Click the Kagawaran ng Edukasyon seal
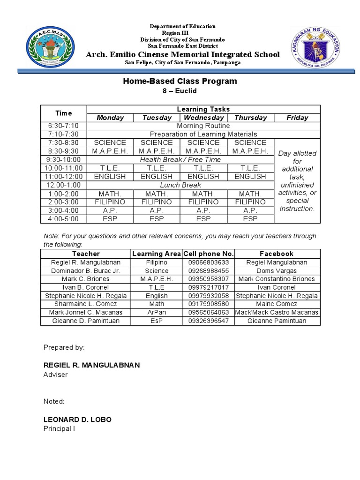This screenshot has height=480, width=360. click(315, 47)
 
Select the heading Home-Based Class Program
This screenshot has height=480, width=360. click(180, 81)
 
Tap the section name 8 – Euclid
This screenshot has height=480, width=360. click(180, 91)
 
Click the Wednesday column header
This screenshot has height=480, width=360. click(203, 118)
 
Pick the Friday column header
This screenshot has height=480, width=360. click(297, 118)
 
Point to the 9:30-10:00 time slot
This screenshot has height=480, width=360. click(64, 160)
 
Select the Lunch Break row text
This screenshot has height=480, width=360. click(180, 185)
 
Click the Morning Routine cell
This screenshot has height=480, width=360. click(203, 126)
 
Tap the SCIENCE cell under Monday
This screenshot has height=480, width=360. click(110, 142)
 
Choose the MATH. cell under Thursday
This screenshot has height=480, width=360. click(250, 194)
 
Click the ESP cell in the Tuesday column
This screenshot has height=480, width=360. click(157, 219)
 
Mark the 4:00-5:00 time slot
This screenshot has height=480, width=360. click(64, 219)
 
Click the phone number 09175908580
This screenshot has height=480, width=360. click(209, 304)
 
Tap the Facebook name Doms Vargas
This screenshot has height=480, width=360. click(277, 270)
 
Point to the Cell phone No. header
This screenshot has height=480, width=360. click(209, 254)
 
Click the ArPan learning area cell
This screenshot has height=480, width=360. click(157, 312)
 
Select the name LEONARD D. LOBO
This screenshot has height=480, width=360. click(77, 420)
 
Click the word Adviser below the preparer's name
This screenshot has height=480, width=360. click(56, 375)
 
